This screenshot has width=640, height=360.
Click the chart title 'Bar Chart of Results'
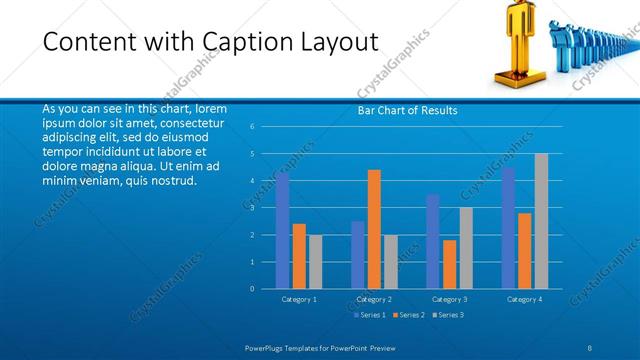click(407, 110)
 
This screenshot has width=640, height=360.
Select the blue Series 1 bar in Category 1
click(283, 231)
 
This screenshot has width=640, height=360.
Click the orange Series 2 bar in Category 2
click(374, 229)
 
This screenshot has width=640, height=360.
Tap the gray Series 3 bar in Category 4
click(541, 221)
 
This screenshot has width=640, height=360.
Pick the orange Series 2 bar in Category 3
click(449, 264)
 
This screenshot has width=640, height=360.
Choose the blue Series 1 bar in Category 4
click(509, 228)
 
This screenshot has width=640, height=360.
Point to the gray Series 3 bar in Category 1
click(315, 262)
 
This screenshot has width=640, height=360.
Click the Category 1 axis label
click(299, 299)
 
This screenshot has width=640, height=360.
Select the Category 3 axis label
click(449, 299)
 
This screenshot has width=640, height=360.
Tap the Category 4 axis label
click(524, 299)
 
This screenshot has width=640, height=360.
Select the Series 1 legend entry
click(373, 315)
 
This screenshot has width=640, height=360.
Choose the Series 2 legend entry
click(410, 315)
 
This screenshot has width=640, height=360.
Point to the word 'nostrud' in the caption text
click(171, 181)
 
